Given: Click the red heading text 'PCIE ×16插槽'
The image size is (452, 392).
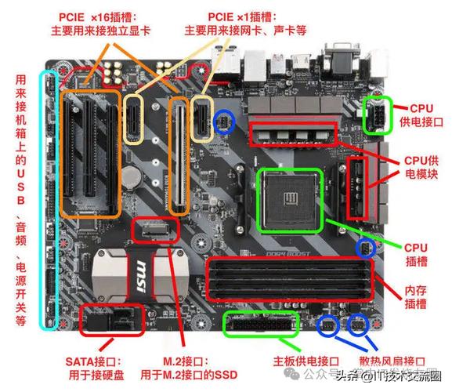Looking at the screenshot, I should coord(101,16).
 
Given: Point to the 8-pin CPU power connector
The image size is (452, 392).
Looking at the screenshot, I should coord(378,116).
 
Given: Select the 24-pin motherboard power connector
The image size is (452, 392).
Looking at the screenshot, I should coord(261,324).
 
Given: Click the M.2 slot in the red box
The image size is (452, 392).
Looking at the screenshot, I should coord(157,230).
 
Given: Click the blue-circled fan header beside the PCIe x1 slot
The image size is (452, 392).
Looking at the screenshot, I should coord(225,121).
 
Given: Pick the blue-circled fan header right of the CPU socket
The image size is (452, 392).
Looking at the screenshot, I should coord(365,248).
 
